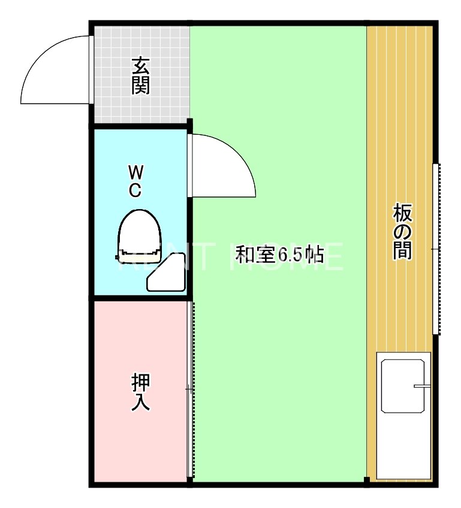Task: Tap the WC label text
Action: tap(135, 182)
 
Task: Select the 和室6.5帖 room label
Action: tap(279, 255)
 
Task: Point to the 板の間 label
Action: tap(403, 232)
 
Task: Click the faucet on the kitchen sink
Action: tap(422, 386)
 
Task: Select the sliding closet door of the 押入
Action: tap(191, 389)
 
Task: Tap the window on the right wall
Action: tap(436, 249)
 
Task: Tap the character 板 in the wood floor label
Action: tap(403, 212)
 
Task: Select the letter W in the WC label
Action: tap(135, 173)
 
